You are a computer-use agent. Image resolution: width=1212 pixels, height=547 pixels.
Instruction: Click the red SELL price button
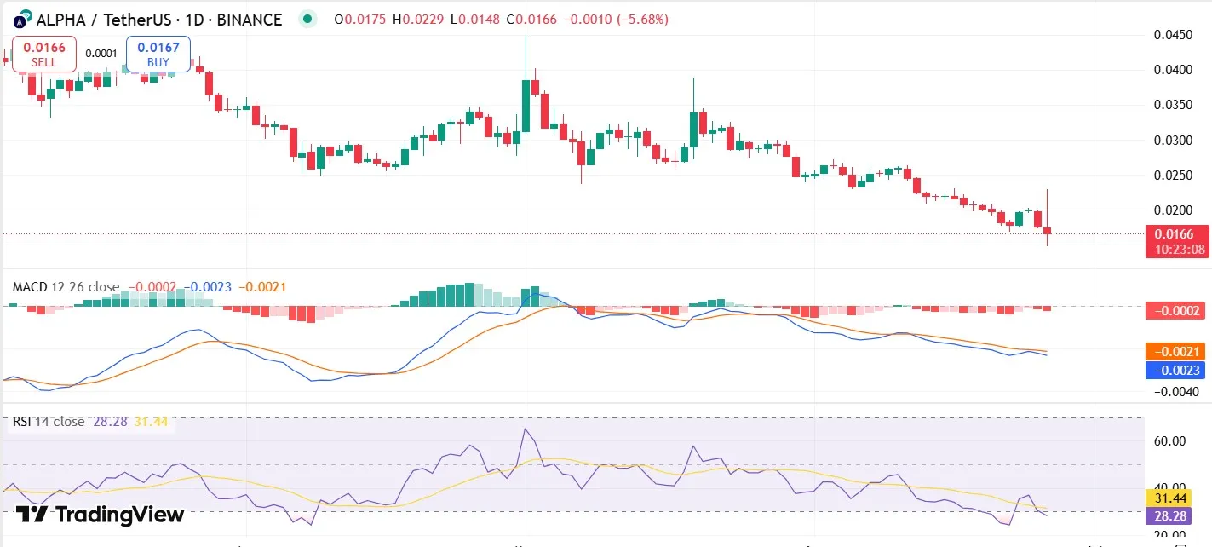pyautogui.click(x=44, y=54)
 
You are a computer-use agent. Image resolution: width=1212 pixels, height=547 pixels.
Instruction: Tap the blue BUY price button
pyautogui.click(x=158, y=54)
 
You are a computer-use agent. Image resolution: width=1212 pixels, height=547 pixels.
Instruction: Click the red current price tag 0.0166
pyautogui.click(x=1179, y=234)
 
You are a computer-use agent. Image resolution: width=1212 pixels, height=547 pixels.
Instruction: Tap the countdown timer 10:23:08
pyautogui.click(x=1179, y=250)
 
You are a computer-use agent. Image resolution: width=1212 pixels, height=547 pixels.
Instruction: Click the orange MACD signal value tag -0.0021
pyautogui.click(x=1179, y=351)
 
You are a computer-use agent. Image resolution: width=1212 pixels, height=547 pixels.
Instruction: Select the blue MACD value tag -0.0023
pyautogui.click(x=1179, y=370)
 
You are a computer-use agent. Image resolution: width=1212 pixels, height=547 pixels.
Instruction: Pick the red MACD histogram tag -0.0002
pyautogui.click(x=1179, y=311)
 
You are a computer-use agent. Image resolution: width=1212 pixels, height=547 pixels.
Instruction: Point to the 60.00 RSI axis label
pyautogui.click(x=1169, y=441)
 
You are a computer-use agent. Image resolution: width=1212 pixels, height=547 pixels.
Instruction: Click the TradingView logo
pyautogui.click(x=100, y=515)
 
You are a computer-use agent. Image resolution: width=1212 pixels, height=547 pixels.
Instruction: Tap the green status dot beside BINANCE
pyautogui.click(x=308, y=19)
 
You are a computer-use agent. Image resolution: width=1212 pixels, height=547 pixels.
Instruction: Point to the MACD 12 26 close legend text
pyautogui.click(x=66, y=287)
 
